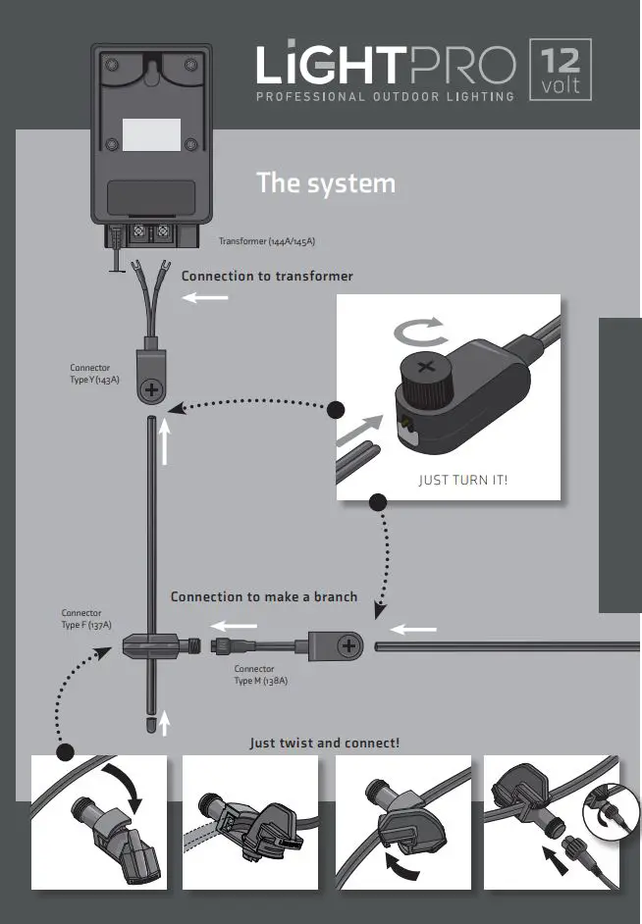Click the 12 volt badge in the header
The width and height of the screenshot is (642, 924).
561,70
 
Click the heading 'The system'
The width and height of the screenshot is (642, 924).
326,183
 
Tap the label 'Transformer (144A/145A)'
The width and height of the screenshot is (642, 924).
266,241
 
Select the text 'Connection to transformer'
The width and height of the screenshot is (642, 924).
267,277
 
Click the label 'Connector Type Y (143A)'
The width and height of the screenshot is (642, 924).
95,374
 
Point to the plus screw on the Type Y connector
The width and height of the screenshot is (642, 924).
152,391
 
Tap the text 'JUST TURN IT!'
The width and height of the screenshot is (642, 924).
463,481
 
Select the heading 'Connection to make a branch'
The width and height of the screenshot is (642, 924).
264,596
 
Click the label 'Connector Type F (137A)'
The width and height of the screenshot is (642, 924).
86,619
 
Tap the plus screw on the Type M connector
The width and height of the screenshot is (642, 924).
348,645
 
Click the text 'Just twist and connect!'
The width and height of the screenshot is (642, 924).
325,744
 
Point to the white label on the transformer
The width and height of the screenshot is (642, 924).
151,135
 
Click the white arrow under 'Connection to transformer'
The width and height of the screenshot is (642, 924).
205,298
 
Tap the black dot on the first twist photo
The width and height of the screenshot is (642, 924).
65,753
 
